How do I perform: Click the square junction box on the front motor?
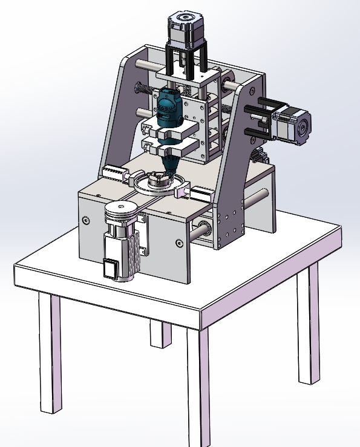point(110,268)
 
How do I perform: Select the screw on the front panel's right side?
point(178,243)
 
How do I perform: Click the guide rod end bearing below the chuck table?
point(202,229)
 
